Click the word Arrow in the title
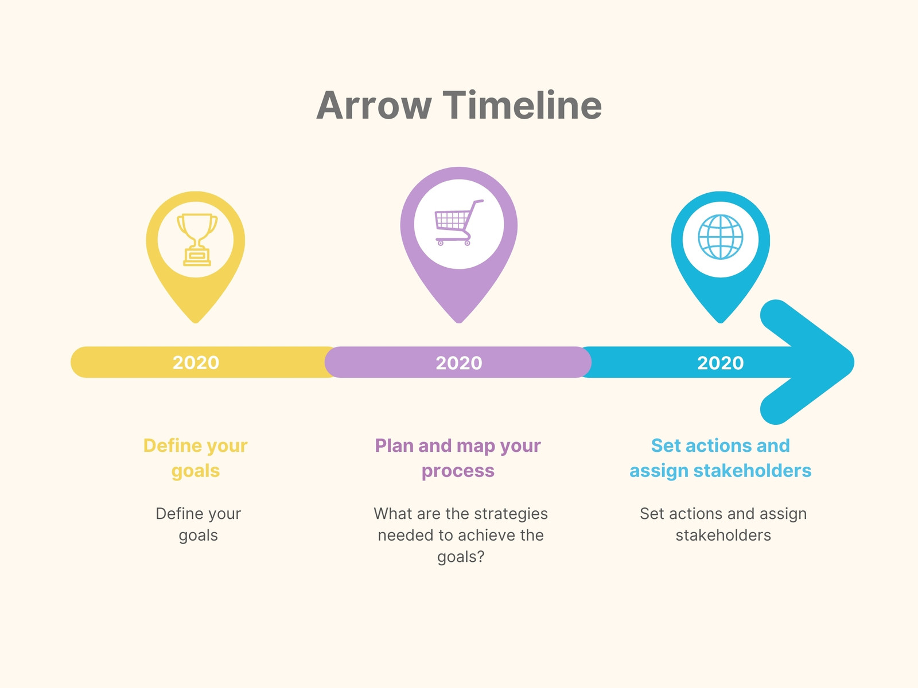tap(374, 105)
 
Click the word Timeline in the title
tap(522, 105)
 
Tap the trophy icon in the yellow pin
tap(197, 240)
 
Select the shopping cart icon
tap(459, 222)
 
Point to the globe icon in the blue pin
tap(720, 237)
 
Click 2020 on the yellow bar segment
tap(196, 362)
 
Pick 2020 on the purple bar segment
tap(459, 362)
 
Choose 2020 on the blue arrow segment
tap(720, 362)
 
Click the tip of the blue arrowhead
tap(854, 362)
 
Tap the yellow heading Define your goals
tap(195, 458)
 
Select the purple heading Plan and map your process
tap(458, 458)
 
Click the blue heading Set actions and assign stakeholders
tap(720, 458)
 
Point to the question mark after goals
tap(481, 556)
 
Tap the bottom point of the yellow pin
tap(195, 322)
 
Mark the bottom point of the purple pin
tap(459, 322)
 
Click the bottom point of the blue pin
tap(720, 322)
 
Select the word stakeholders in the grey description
tap(723, 535)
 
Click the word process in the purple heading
tap(458, 471)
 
